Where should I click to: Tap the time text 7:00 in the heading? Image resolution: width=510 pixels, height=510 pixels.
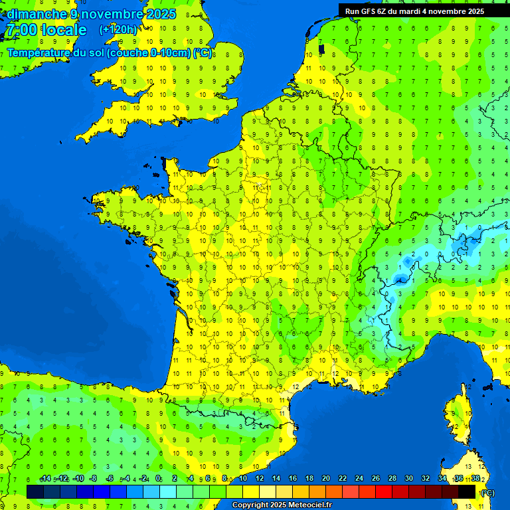23,31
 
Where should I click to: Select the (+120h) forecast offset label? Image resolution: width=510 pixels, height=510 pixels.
118,30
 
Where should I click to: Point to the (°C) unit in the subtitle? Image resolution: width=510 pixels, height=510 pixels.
202,53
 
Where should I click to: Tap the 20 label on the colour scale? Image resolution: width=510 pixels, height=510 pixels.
325,479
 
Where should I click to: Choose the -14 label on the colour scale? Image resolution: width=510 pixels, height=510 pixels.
46,479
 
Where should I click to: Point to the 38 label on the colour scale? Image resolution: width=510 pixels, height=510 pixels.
475,479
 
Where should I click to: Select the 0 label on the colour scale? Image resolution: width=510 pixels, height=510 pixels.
158,479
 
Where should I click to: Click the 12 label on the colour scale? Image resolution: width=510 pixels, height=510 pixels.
259,479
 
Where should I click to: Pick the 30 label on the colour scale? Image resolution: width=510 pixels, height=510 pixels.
408,479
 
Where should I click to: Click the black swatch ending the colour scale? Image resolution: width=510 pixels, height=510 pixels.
467,491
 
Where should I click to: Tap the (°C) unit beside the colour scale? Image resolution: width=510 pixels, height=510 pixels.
487,492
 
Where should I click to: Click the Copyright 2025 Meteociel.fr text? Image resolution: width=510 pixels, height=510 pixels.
282,505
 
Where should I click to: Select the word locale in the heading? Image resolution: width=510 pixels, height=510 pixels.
63,31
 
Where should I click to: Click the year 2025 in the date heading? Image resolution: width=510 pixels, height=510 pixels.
159,14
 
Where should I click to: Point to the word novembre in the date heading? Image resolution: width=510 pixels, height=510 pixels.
106,14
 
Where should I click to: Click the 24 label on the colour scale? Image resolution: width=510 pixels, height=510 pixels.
359,479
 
